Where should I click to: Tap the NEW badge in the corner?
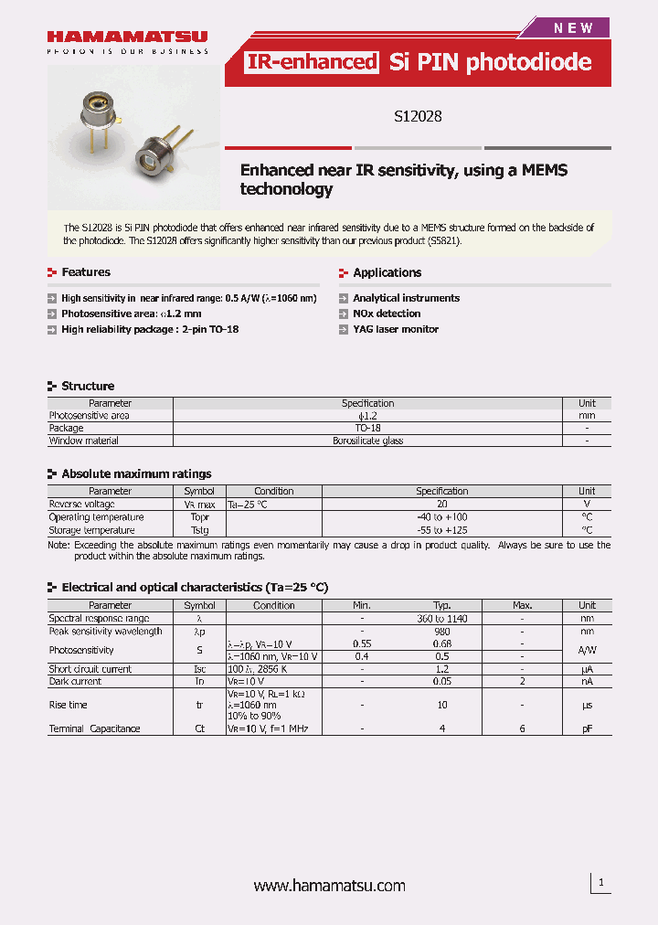[573, 28]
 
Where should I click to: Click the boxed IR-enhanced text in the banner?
[312, 62]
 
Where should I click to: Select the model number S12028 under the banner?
[419, 116]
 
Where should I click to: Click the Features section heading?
[85, 272]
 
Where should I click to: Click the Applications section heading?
[387, 272]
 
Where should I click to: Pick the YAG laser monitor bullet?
[396, 329]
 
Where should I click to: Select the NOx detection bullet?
[387, 314]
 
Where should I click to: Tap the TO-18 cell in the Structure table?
[367, 428]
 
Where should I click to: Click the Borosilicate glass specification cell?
[367, 441]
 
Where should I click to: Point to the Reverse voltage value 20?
[442, 504]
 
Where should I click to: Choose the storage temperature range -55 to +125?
[442, 530]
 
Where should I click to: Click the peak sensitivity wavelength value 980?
[442, 631]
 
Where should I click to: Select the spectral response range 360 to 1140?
[442, 618]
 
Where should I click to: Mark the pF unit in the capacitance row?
[587, 728]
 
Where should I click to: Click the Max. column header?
[522, 605]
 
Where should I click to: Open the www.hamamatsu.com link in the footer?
[329, 886]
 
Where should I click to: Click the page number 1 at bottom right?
[600, 882]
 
